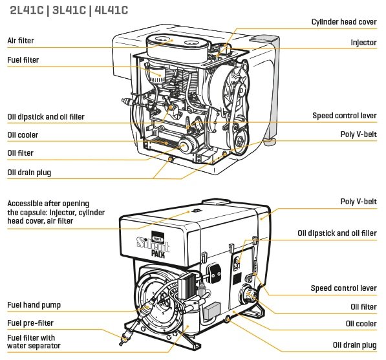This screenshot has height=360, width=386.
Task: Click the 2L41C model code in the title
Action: tap(27, 10)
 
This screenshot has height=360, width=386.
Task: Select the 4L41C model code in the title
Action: tap(111, 10)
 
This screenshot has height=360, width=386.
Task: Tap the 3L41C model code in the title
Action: tap(69, 10)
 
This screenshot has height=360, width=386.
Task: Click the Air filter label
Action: tap(21, 40)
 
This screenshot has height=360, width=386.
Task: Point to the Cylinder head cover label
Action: tap(344, 22)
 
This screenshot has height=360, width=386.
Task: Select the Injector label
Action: tap(363, 42)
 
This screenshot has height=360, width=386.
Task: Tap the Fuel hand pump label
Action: tap(34, 305)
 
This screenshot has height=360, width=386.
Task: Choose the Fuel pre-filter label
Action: tap(30, 323)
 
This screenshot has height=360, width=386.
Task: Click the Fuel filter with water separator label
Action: tap(34, 341)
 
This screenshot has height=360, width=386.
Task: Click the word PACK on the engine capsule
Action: tap(158, 254)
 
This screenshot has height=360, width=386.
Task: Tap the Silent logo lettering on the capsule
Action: tap(153, 243)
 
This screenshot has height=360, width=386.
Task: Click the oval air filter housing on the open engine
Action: tap(178, 48)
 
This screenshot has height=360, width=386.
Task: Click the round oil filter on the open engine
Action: tap(188, 145)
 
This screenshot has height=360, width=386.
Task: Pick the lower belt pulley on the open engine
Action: tap(240, 142)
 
